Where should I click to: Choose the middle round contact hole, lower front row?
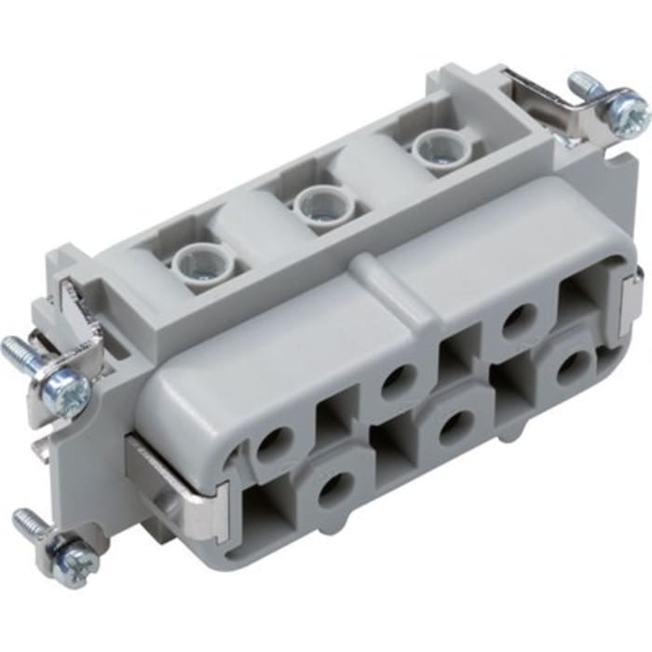point(455,428)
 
